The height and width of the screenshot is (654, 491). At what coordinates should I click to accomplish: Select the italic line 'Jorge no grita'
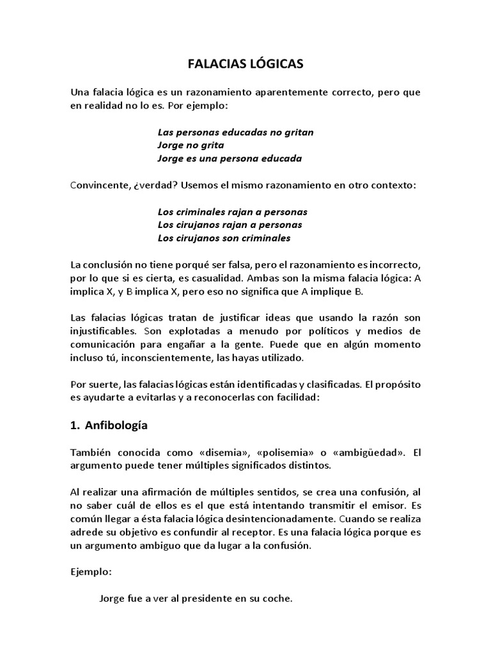tap(191, 145)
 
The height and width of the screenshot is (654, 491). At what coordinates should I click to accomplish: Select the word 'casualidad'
tap(240, 278)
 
